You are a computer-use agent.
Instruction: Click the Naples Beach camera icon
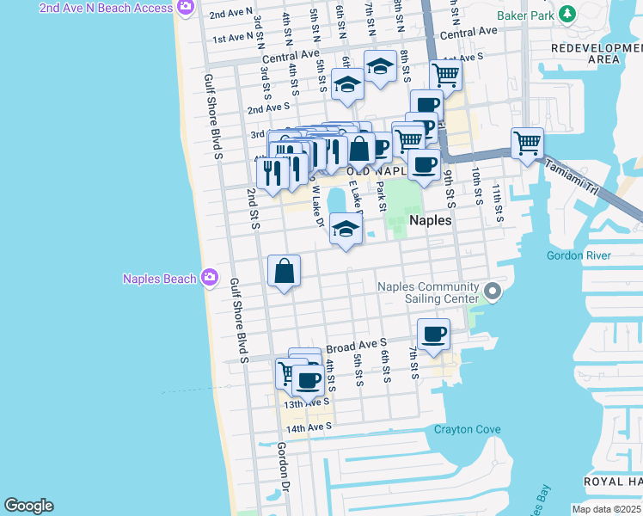point(209,278)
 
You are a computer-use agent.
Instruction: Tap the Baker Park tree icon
point(566,14)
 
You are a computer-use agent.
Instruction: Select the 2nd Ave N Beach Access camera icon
point(185,8)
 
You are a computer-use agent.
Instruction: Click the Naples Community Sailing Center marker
point(492,292)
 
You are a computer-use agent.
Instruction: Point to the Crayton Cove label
point(467,429)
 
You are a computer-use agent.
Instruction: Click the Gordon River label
point(579,255)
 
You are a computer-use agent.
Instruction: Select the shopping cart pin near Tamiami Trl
point(527,143)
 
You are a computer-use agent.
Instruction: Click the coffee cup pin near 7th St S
point(433,334)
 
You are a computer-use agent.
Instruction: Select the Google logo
point(28,506)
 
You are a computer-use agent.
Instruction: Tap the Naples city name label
point(431,220)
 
